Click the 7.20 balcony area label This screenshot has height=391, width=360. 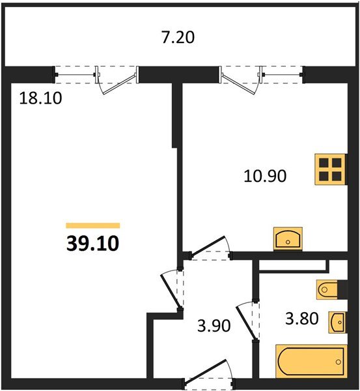(x=178, y=37)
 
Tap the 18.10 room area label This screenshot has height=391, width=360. (x=40, y=98)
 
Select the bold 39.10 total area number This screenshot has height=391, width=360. (x=92, y=243)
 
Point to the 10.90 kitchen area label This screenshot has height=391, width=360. (x=265, y=176)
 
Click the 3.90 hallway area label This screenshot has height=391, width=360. (x=214, y=326)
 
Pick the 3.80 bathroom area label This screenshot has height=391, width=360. (x=302, y=319)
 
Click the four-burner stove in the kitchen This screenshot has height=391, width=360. (x=331, y=169)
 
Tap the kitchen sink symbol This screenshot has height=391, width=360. (x=288, y=239)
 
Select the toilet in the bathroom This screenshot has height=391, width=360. (x=327, y=289)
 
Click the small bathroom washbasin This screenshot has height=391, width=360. (x=337, y=322)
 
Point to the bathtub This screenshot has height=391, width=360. (x=311, y=361)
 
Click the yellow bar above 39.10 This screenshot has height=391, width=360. (x=93, y=225)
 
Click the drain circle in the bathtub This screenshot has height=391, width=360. (x=339, y=362)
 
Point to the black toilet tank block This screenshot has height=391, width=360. (x=342, y=289)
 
